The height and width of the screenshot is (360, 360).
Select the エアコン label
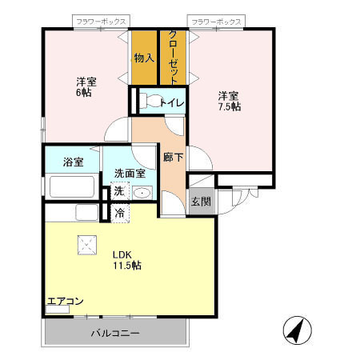[65, 302]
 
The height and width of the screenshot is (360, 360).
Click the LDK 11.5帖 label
[126, 260]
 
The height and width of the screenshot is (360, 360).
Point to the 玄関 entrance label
[200, 202]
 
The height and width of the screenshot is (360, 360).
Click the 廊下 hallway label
[173, 158]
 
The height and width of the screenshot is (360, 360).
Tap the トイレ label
[173, 102]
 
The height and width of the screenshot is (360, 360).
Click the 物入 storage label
[144, 58]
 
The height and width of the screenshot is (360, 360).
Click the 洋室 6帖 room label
[86, 87]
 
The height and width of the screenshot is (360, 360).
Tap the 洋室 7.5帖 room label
[230, 101]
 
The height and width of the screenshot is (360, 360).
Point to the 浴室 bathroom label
[73, 162]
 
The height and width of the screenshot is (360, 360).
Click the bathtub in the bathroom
[72, 187]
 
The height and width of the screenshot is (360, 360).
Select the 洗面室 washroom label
[129, 172]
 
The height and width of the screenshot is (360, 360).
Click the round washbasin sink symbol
[142, 192]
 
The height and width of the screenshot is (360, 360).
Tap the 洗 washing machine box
[118, 191]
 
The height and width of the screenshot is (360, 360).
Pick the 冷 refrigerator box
[118, 213]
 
